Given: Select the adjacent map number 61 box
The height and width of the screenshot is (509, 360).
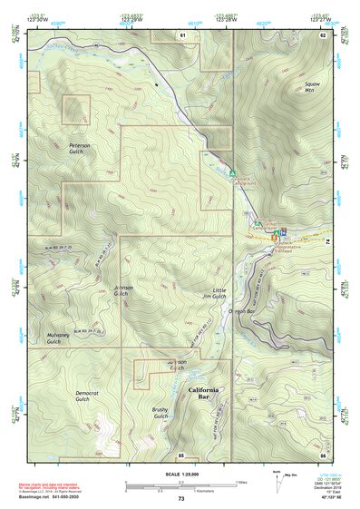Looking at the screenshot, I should click(182, 34).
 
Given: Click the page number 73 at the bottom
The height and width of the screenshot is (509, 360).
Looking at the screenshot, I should click(180, 498).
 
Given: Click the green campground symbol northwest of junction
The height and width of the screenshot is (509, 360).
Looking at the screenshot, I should click(232, 172).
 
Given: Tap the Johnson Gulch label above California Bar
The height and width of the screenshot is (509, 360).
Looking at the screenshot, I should click(177, 365).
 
